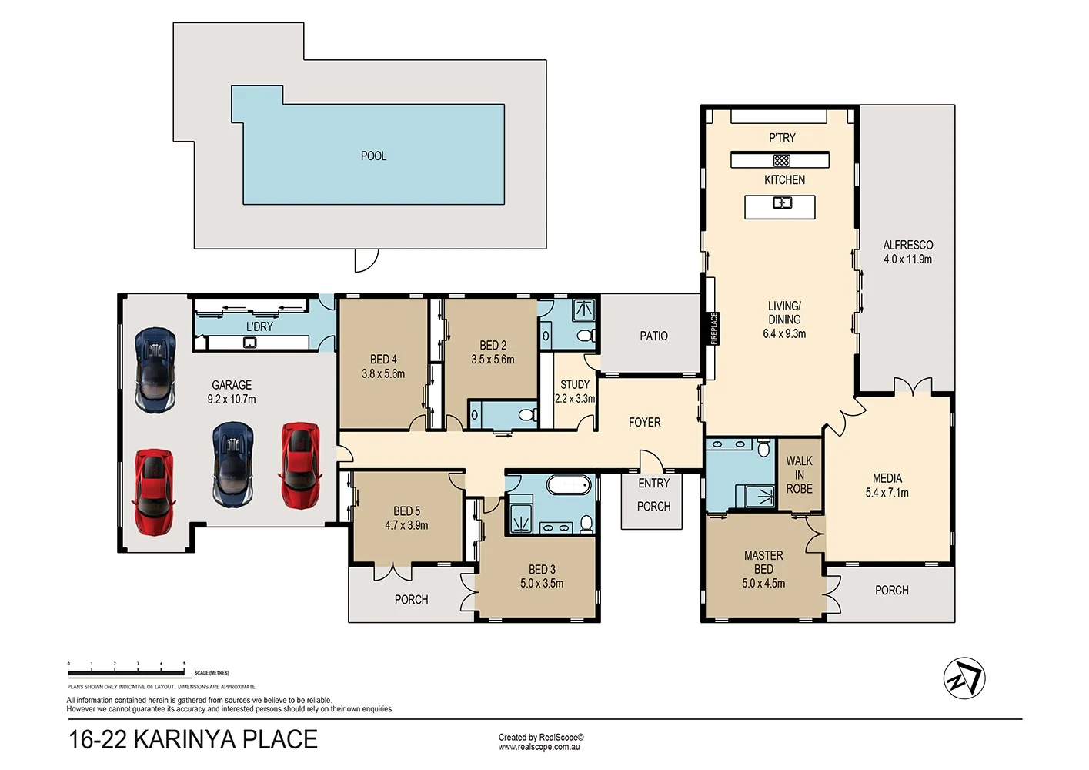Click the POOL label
(x=373, y=156)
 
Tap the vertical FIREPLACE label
(x=713, y=328)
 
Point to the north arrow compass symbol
(x=964, y=678)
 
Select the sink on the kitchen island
(x=782, y=203)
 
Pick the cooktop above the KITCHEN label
(x=781, y=160)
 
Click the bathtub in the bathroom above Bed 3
(x=569, y=485)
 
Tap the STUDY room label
(x=575, y=384)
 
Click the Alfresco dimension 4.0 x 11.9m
(x=907, y=259)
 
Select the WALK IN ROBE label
(x=799, y=474)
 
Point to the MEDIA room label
(x=887, y=478)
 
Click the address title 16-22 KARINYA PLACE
(x=193, y=739)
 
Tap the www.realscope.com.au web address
(x=539, y=747)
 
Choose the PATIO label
(x=653, y=336)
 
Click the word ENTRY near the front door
(x=653, y=483)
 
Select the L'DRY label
(x=259, y=326)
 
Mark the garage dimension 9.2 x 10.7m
(x=232, y=400)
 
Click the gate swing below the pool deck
(x=366, y=260)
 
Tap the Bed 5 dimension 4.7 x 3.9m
(x=406, y=525)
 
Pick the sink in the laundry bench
(x=250, y=342)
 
